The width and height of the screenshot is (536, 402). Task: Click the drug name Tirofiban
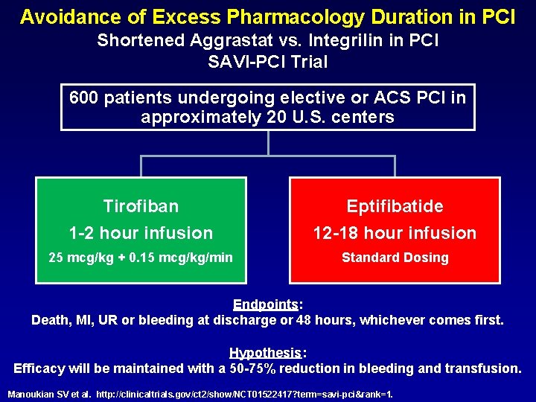tap(141, 205)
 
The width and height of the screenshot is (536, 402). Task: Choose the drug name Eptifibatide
tap(395, 205)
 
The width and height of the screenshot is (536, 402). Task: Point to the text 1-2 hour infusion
tap(141, 233)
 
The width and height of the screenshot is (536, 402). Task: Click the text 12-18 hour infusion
tap(395, 233)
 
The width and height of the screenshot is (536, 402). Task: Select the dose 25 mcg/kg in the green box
tap(79, 258)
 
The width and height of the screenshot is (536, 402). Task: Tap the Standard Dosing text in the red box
tap(395, 258)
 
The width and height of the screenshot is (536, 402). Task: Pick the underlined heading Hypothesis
tap(267, 352)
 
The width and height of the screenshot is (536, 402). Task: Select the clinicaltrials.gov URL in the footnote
tap(245, 393)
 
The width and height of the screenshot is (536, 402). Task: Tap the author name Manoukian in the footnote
tap(33, 393)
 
